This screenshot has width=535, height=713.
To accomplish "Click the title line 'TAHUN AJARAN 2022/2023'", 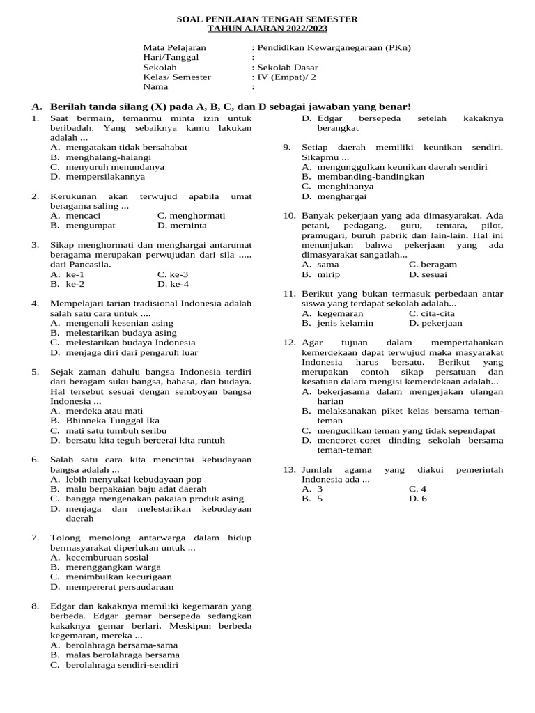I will click(x=267, y=29).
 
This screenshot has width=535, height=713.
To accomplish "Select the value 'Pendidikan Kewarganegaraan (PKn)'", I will click(x=332, y=48).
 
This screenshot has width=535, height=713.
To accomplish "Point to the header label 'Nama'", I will click(x=156, y=87).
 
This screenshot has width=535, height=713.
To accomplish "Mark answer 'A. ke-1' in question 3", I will click(x=68, y=274).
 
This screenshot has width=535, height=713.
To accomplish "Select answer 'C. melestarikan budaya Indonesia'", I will click(x=123, y=343).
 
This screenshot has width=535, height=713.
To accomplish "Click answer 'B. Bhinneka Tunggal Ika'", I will click(x=104, y=421).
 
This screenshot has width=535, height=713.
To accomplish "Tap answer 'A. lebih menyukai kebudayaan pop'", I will click(x=125, y=479).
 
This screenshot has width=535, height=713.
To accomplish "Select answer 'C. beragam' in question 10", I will click(x=433, y=265).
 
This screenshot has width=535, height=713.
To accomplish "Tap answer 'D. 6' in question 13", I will click(x=418, y=499).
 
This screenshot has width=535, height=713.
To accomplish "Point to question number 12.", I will click(x=289, y=343).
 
